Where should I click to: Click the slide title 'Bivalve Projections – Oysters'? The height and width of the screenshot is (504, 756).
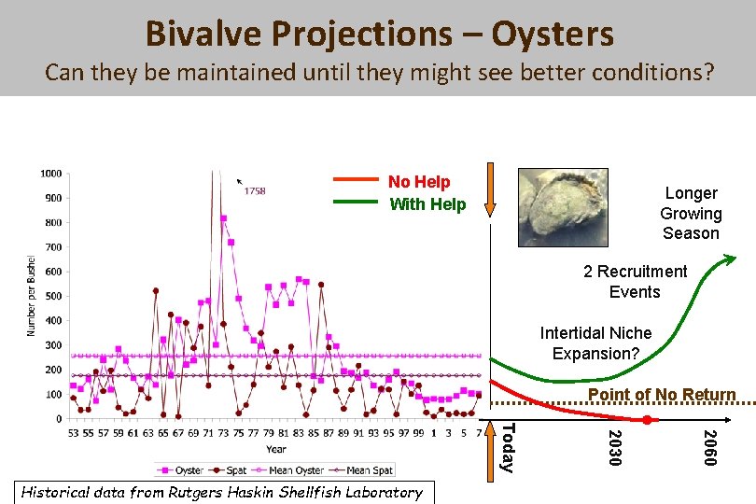coord(379,35)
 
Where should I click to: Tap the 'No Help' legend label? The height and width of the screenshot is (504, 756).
coord(419,182)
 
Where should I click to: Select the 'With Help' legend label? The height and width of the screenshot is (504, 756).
coord(427,204)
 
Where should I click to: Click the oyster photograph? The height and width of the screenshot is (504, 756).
coord(563,204)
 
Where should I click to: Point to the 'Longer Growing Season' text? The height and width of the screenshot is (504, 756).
coord(691,213)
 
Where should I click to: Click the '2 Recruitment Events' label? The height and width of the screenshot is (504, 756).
coord(635,282)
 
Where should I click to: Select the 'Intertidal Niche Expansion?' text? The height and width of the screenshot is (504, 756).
coord(595,343)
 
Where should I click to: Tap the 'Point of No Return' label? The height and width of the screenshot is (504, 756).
coord(662,395)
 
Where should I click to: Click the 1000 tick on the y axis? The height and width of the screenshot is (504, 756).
coord(51,174)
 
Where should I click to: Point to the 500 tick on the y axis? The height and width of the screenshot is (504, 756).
coord(54,297)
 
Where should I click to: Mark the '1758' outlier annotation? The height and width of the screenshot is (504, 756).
coord(254,191)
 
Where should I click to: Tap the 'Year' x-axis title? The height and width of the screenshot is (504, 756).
coord(276,449)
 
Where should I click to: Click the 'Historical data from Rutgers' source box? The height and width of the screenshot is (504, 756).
coord(221,492)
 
